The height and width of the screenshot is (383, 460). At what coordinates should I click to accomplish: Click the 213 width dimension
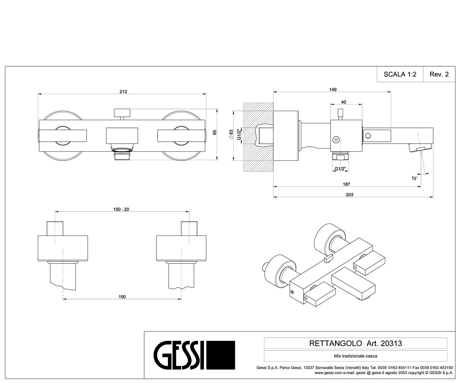pyautogui.click(x=123, y=92)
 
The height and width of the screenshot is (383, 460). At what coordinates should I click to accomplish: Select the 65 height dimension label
pyautogui.click(x=215, y=132)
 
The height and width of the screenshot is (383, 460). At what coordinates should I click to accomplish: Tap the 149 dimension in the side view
pyautogui.click(x=333, y=90)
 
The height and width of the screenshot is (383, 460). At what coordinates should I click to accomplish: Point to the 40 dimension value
pyautogui.click(x=343, y=102)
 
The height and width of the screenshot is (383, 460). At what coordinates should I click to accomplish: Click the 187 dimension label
pyautogui.click(x=346, y=184)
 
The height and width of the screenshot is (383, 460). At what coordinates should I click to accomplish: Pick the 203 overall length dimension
pyautogui.click(x=349, y=195)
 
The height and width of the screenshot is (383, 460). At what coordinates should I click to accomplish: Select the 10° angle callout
pyautogui.click(x=414, y=178)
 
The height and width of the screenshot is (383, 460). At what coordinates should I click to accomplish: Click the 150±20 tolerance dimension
pyautogui.click(x=121, y=210)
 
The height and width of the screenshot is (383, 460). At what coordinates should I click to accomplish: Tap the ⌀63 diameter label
pyautogui.click(x=231, y=134)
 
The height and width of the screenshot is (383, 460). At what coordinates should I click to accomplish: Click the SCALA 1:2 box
pyautogui.click(x=400, y=74)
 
